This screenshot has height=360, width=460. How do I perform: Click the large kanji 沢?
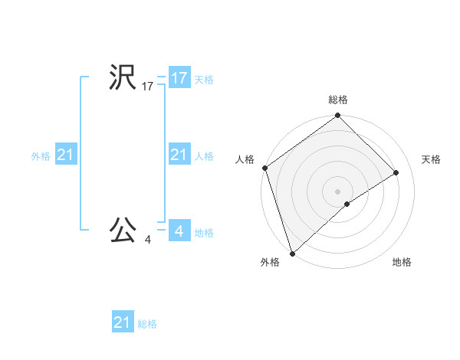point(123,78)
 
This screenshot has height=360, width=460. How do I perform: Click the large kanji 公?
point(123,229)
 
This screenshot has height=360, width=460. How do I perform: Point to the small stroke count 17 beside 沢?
point(147,87)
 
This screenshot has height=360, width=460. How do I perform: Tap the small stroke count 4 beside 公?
point(147,240)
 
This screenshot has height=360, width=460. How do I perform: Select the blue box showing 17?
point(179,78)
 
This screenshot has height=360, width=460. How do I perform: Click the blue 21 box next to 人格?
point(179,155)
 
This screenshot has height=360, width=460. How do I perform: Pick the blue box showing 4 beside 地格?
point(179,230)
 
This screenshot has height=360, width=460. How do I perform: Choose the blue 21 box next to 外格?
point(66,155)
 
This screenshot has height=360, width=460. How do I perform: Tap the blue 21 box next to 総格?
point(123,322)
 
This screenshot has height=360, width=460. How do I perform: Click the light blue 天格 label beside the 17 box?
point(204,79)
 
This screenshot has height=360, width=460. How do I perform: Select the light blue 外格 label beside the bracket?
point(41,156)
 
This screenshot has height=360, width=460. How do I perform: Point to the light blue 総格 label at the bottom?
point(147,324)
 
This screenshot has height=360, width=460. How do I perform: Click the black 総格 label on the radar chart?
point(338,100)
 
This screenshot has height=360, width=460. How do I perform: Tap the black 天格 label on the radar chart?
point(431,159)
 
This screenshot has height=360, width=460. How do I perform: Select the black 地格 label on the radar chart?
point(402,262)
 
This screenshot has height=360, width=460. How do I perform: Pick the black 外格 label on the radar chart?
point(270,262)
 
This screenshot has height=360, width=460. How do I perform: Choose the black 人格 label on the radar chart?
point(245,159)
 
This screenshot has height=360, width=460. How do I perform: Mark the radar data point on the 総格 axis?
point(338,116)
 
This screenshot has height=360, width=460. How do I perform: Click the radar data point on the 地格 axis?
point(347,204)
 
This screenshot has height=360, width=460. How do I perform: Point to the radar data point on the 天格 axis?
point(396,172)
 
